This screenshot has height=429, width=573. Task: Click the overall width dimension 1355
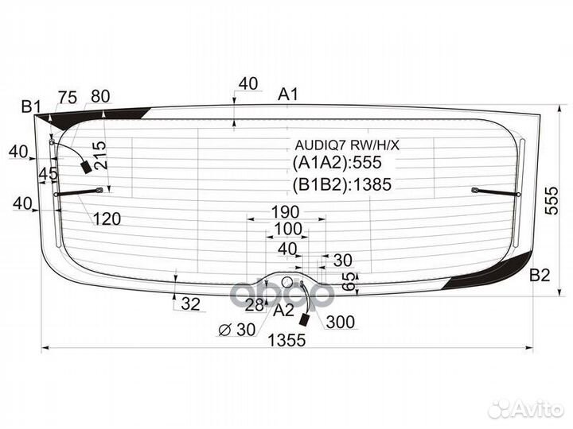click(286, 340)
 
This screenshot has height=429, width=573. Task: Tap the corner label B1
click(31, 107)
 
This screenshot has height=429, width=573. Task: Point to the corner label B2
click(540, 275)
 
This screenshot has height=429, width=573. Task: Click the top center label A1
click(288, 94)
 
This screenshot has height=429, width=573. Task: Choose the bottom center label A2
click(283, 311)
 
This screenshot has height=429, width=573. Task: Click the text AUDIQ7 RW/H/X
click(347, 145)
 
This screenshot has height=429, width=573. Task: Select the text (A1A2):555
click(337, 162)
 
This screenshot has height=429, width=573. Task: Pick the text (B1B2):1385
click(342, 184)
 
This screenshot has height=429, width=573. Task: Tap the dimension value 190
click(286, 211)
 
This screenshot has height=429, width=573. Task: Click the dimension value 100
click(288, 229)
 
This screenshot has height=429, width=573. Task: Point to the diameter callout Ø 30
click(236, 330)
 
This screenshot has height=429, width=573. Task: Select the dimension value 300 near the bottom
click(341, 322)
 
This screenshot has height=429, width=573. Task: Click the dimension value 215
click(99, 155)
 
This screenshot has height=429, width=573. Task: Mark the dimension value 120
click(107, 219)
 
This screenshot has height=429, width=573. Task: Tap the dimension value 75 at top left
click(68, 98)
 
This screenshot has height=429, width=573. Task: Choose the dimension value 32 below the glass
click(191, 303)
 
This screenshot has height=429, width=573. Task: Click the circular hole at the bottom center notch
click(287, 281)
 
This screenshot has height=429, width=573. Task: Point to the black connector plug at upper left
click(87, 167)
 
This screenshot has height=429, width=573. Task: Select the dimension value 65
click(350, 281)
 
